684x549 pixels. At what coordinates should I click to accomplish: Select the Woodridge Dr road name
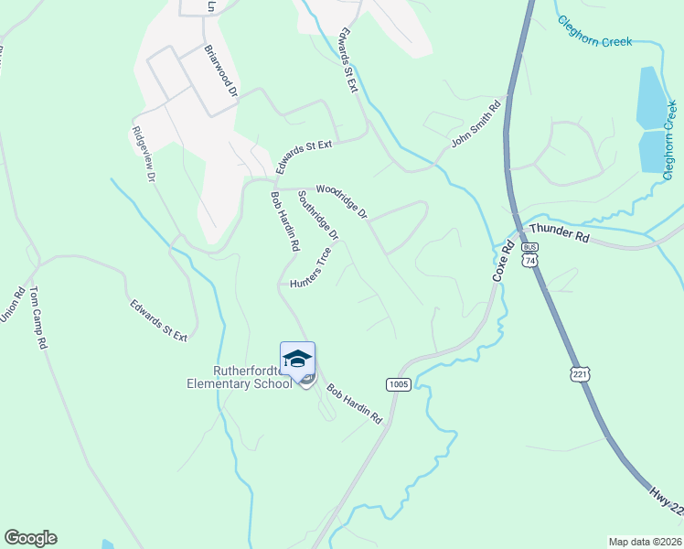point(341,201)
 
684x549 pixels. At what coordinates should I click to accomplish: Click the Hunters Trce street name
point(310,268)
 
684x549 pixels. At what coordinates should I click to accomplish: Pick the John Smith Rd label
point(477,124)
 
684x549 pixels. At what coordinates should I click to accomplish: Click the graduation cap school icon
point(297,359)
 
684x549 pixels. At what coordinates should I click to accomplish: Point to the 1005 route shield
point(397,384)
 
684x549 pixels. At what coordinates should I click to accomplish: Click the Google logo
point(30,538)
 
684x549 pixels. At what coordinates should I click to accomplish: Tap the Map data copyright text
point(644,541)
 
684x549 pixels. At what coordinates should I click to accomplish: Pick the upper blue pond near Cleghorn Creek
point(651,97)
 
